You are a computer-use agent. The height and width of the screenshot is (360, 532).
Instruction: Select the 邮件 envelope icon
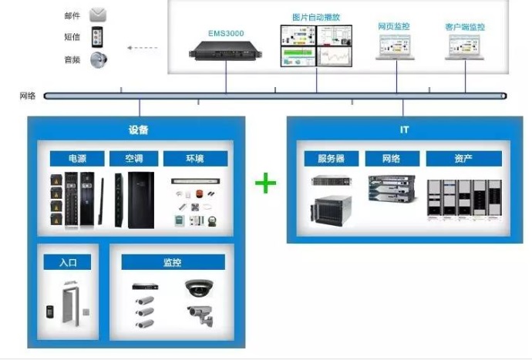click(98, 15)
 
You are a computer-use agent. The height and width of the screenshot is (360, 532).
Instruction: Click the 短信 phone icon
click(98, 36)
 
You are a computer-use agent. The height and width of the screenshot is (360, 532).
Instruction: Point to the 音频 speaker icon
click(98, 59)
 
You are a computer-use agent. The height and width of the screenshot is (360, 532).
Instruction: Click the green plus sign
click(266, 183)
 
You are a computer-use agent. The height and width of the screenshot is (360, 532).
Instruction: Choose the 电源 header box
click(77, 159)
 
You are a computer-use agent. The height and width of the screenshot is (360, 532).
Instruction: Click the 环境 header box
click(195, 159)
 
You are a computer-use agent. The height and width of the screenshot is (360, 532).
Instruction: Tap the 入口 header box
click(66, 262)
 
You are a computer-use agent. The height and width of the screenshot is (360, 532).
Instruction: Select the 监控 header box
click(173, 262)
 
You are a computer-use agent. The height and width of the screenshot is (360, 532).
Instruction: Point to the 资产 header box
click(463, 159)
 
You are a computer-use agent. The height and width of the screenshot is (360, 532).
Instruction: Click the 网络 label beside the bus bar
click(28, 96)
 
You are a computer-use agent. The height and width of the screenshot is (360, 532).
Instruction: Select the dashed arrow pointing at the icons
click(142, 48)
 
